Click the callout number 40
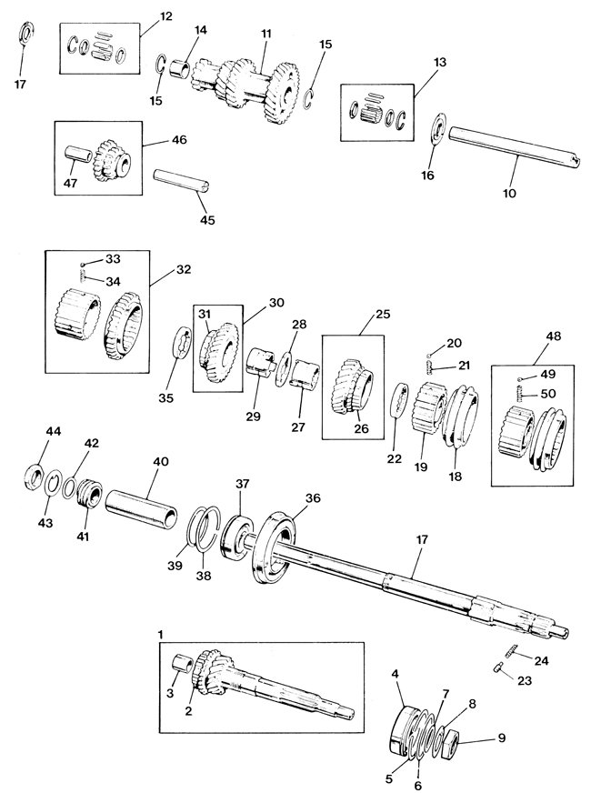160,463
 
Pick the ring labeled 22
398,400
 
